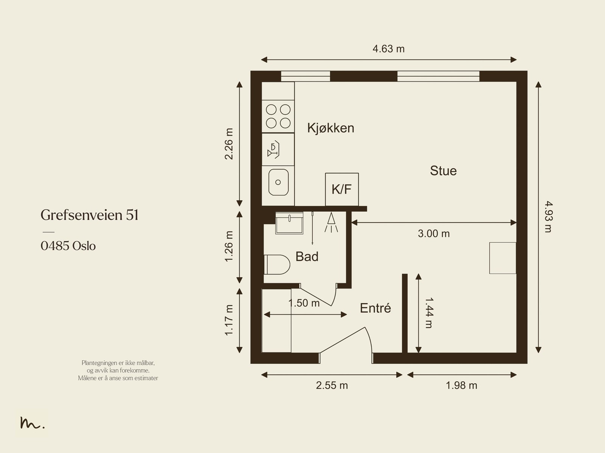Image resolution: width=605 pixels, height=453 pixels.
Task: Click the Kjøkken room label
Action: (x=330, y=129)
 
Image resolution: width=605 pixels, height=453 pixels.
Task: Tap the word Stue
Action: (x=443, y=171)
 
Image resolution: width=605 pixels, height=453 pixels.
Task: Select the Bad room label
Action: (x=307, y=256)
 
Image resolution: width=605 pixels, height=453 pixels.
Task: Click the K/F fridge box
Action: (x=342, y=189)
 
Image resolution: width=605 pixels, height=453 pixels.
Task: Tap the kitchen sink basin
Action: (x=278, y=182)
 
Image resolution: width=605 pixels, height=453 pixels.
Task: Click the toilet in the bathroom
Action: (x=277, y=265)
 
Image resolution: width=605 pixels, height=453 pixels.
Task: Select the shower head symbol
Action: (x=331, y=222)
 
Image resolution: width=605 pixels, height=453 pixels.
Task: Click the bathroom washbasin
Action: (x=289, y=223)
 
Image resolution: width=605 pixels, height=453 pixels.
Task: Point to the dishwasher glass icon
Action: (x=273, y=149)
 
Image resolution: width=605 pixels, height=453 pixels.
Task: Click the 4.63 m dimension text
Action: (x=388, y=49)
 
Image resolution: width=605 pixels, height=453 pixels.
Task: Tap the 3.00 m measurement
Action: (x=434, y=234)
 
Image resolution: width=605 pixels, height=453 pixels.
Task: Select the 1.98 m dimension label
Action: (x=461, y=385)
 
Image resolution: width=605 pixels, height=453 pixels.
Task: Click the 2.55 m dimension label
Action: (x=332, y=385)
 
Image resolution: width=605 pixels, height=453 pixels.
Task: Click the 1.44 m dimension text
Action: (x=429, y=313)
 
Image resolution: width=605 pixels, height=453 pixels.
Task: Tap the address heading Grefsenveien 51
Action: (x=89, y=215)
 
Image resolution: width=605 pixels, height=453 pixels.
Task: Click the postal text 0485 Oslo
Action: (x=68, y=246)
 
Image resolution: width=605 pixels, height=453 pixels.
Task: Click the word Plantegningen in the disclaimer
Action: (x=99, y=363)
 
